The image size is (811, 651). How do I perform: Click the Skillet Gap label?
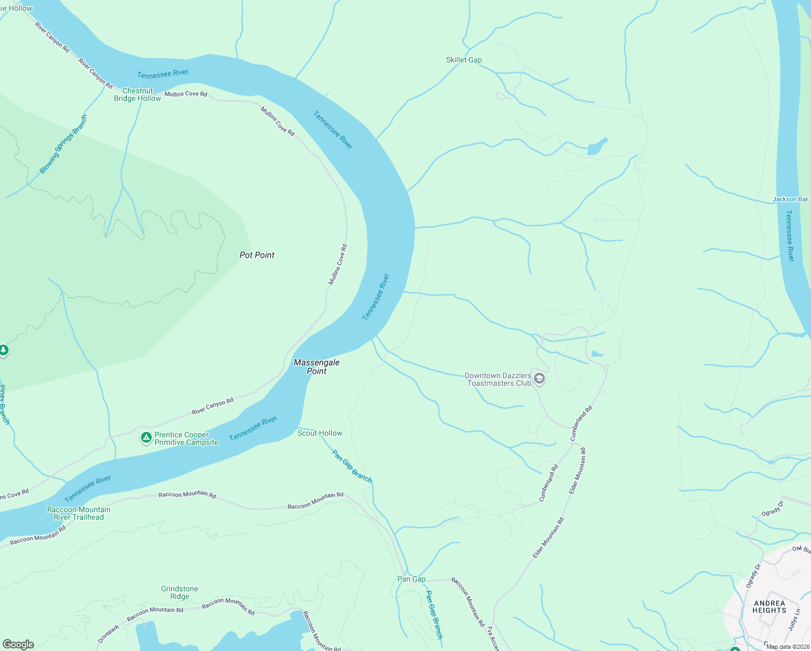pos(464,60)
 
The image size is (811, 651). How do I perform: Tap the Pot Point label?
pos(257,255)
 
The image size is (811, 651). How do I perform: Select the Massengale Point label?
pos(317,367)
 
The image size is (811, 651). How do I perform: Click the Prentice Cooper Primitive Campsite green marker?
pos(146,438)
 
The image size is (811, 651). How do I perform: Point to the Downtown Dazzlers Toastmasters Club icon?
pos(539,379)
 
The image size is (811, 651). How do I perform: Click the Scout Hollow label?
pos(320,433)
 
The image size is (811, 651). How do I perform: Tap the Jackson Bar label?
pos(790,199)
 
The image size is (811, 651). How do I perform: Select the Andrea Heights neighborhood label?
pos(769,607)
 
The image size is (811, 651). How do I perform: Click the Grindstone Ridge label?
pos(179,592)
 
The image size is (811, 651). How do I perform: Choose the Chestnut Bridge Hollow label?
pos(138,94)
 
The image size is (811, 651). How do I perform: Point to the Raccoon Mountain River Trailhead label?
pos(79,513)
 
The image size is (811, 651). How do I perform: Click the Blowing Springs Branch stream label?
pos(63,144)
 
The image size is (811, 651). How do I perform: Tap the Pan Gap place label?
pos(411,579)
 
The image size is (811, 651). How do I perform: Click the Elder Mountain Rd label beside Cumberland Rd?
pos(577,470)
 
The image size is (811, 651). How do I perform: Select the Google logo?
pos(18,644)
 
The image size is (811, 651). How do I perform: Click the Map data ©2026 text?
pos(787,647)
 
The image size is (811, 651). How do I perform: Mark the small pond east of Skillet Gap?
pos(596,146)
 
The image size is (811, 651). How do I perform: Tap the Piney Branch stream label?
pos(4,404)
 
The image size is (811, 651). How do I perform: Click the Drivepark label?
pos(109,634)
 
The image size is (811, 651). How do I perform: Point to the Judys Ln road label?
pos(794,619)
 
